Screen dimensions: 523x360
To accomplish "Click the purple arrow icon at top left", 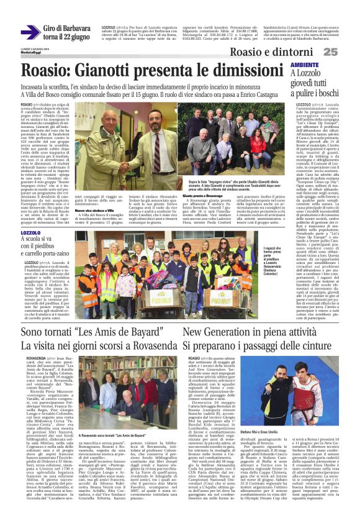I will coord(31,33).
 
